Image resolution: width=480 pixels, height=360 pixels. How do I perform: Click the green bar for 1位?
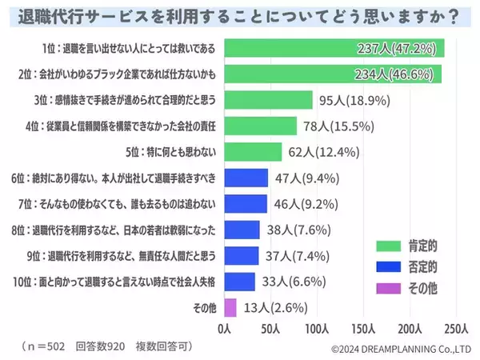(x=344, y=48)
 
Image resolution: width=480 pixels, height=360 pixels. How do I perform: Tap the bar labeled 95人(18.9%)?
(x=269, y=100)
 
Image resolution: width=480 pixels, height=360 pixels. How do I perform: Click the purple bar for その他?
(x=230, y=307)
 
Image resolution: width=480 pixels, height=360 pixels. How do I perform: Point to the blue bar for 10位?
(x=240, y=281)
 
